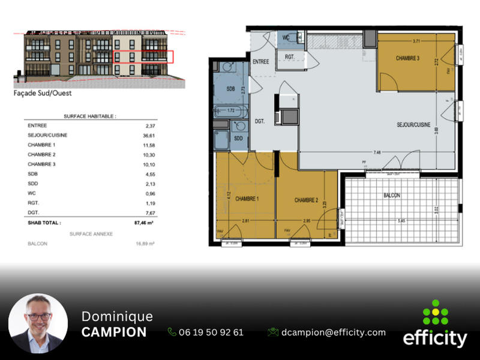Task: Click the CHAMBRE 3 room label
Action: pyautogui.click(x=407, y=58)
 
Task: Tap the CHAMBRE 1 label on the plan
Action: pyautogui.click(x=247, y=199)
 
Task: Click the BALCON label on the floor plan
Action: pyautogui.click(x=392, y=196)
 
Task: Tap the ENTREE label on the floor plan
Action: pyautogui.click(x=260, y=62)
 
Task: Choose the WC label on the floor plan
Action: pyautogui.click(x=286, y=37)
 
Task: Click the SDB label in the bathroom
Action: pyautogui.click(x=230, y=89)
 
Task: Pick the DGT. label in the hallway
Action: pyautogui.click(x=260, y=121)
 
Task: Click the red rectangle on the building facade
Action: pyautogui.click(x=143, y=57)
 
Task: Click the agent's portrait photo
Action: pyautogui.click(x=38, y=323)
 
